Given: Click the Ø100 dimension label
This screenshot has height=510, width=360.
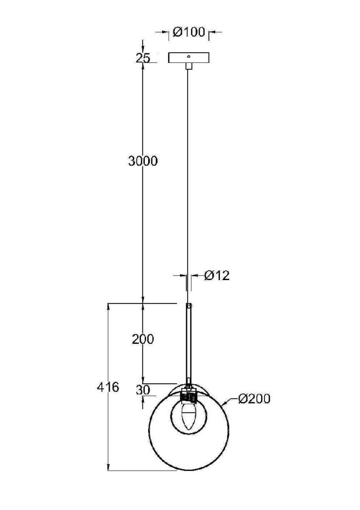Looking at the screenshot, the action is [x=189, y=32].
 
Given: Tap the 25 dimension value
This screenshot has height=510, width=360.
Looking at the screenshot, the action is [x=143, y=58].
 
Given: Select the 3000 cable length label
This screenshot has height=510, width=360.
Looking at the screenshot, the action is [x=143, y=161].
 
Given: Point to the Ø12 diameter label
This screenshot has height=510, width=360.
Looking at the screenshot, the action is [x=217, y=275].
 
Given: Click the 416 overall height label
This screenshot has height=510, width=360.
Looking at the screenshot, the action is [x=108, y=387].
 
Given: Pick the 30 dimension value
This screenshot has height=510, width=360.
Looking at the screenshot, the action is [x=143, y=390].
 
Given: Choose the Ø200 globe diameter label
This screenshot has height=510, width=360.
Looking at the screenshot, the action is [x=254, y=398].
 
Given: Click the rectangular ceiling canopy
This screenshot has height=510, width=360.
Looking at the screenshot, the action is [x=189, y=58].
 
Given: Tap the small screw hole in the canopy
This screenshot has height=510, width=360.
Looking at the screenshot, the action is [x=189, y=57].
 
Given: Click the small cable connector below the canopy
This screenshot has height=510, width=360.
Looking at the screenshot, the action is [x=189, y=66].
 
